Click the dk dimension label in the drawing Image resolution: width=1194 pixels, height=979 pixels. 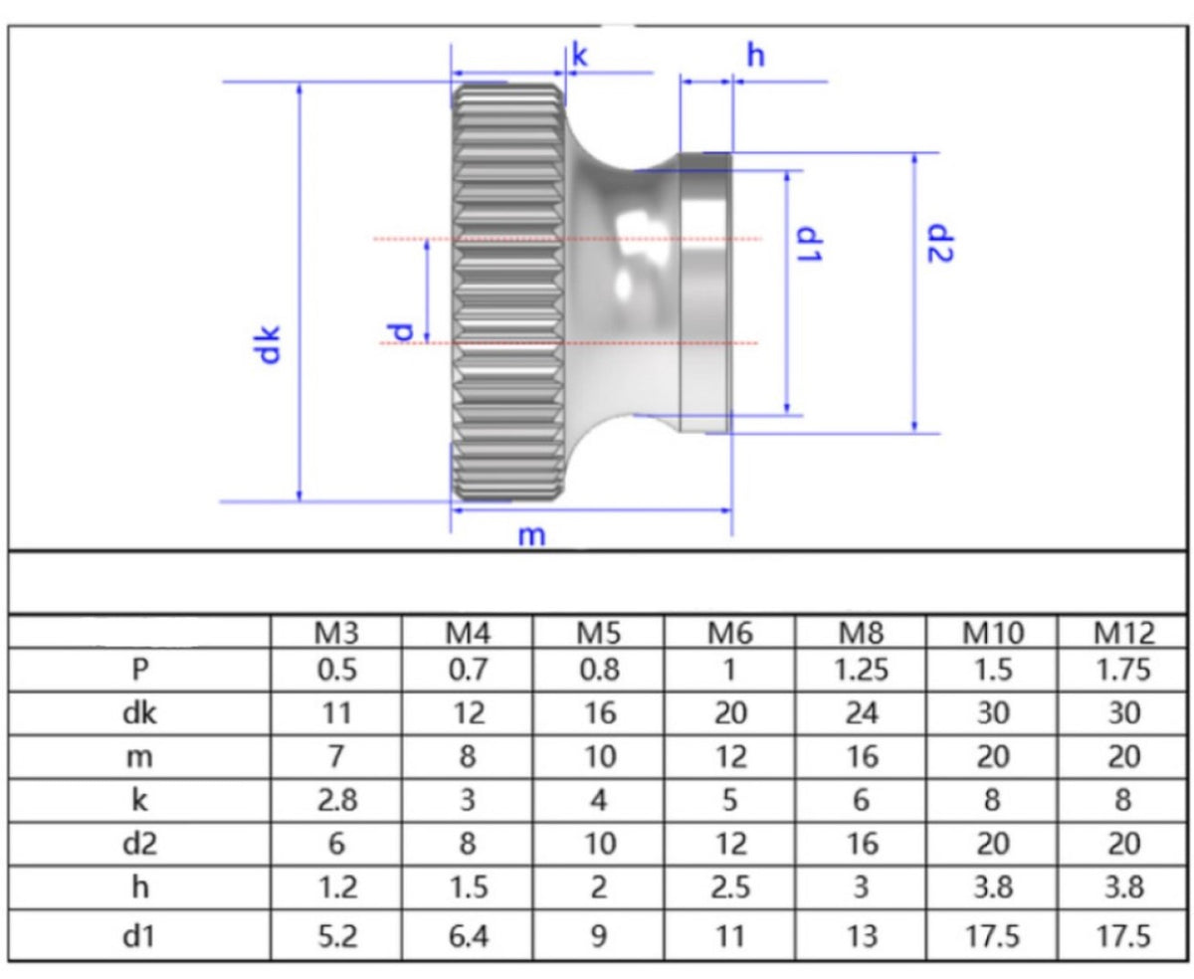[x=266, y=344]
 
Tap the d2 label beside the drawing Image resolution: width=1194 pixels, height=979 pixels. [x=939, y=243]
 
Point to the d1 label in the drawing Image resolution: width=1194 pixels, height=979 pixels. [x=809, y=244]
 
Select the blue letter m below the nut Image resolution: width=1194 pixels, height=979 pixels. [x=531, y=535]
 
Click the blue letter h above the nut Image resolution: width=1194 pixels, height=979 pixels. [x=756, y=56]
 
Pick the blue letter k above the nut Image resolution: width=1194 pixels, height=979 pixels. [x=580, y=56]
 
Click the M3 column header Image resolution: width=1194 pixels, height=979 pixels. [x=336, y=633]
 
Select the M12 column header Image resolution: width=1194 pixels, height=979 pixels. [x=1123, y=633]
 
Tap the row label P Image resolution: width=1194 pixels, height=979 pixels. [x=140, y=670]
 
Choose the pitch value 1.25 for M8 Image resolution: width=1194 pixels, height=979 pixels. [x=861, y=670]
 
